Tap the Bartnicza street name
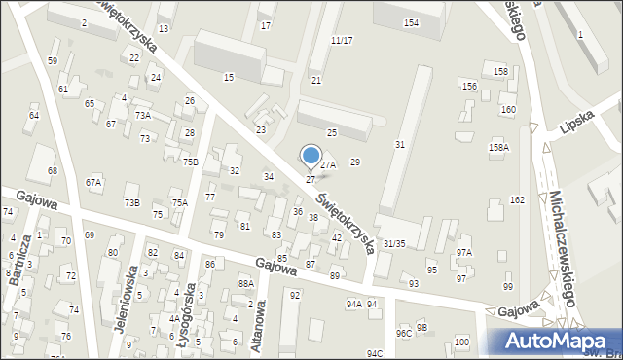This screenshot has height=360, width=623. point(14,255)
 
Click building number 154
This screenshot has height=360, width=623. point(411,22)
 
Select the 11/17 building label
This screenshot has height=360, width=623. point(342,40)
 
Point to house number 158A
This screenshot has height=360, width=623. point(498,147)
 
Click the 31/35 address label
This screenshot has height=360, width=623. point(394,243)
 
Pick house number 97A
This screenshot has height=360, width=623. point(463,253)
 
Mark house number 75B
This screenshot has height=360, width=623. point(191,162)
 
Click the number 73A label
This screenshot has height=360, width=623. point(143,116)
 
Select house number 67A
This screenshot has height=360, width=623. point(93,182)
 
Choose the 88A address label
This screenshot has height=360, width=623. point(245,283)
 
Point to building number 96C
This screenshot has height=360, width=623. point(403,333)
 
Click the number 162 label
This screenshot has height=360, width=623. point(517,199)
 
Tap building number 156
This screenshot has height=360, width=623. point(469,87)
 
